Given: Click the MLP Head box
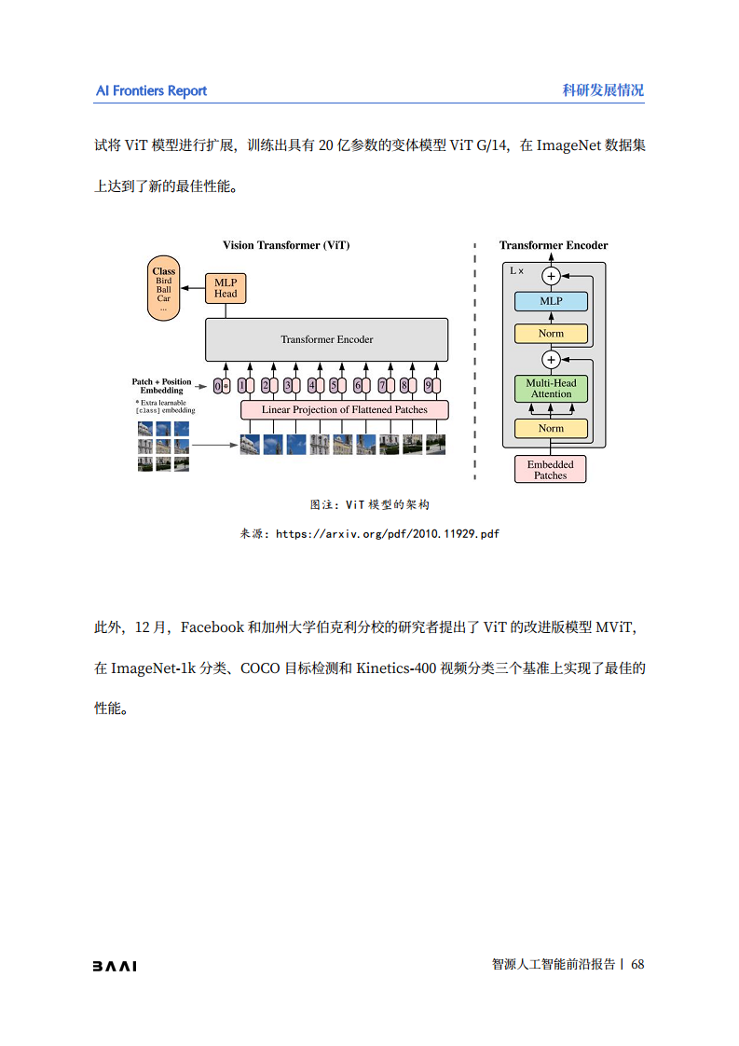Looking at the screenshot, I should (226, 288).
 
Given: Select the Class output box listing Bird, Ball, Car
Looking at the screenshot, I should (164, 289).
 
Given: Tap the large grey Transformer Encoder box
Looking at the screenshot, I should (326, 339).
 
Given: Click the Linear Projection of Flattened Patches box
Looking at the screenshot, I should (344, 409).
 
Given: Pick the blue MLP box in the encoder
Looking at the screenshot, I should (551, 301).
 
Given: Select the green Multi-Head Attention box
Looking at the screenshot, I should (551, 389).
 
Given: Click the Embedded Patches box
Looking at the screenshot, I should (550, 470).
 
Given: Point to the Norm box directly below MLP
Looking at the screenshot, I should (551, 334).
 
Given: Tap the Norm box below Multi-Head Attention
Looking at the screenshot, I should (551, 429).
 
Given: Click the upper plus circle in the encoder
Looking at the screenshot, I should (551, 276).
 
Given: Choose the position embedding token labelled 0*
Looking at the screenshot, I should (222, 385).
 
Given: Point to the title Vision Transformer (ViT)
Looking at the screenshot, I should (286, 245).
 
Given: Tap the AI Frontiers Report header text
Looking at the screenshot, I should (151, 90).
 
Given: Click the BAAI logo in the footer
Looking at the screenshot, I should (114, 966).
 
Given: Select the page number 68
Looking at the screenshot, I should (637, 965).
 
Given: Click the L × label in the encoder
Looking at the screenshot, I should (516, 270).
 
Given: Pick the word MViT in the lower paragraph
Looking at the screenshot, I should (616, 627).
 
